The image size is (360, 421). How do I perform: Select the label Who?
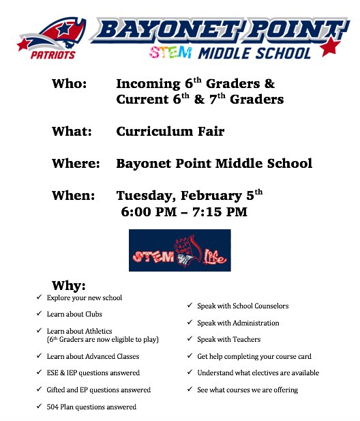[70, 84]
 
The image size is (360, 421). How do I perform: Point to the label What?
[71, 131]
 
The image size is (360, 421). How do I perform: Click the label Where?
[76, 164]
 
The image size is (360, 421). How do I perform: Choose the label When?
[73, 196]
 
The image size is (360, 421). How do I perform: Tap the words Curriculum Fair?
[170, 131]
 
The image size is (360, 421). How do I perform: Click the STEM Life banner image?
[180, 250]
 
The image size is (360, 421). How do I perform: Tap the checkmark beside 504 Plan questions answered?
[38, 407]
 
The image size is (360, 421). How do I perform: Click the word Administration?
[256, 323]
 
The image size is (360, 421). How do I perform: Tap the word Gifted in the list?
[57, 390]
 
